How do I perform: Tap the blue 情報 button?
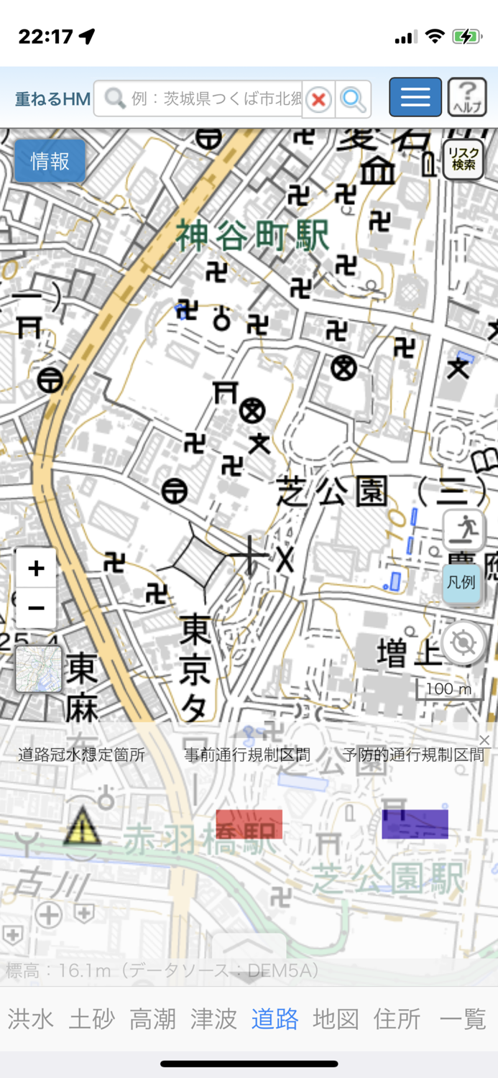coord(50,161)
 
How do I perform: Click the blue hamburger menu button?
coord(415,97)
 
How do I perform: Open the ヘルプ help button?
coord(467,97)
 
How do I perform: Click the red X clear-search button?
coord(318,99)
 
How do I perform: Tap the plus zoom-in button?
coord(36,569)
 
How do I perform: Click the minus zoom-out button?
coord(36,608)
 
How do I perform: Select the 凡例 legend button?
coord(461,583)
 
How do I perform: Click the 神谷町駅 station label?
coord(253,236)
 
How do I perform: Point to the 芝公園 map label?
coord(332,492)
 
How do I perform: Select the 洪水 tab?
coord(31,1018)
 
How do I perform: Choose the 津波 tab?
coord(213,1018)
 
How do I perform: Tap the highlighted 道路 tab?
coord(275,1018)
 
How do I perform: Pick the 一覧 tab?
coord(463,1018)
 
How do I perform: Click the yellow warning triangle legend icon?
coord(83,825)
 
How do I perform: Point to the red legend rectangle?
coord(249,824)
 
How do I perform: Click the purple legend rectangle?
coord(415,824)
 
